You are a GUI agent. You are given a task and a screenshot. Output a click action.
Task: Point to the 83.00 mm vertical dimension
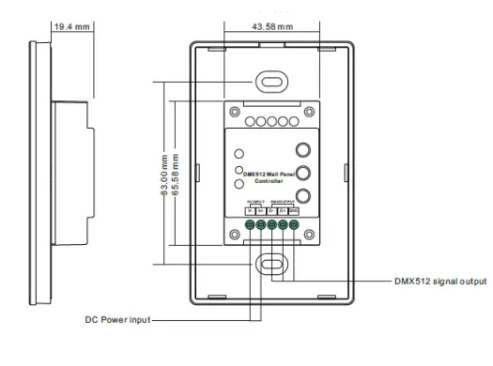click(164, 175)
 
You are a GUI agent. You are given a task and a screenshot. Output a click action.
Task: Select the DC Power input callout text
click(116, 319)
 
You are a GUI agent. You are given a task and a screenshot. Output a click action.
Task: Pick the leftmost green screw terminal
click(250, 225)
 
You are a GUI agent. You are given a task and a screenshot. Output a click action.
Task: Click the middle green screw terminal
click(272, 225)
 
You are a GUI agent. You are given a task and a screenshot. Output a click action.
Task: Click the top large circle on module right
click(303, 149)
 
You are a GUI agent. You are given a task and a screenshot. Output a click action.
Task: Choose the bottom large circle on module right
click(303, 196)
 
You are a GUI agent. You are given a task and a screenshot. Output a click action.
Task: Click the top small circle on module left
click(239, 154)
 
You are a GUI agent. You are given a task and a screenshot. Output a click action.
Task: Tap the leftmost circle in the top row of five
click(250, 122)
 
